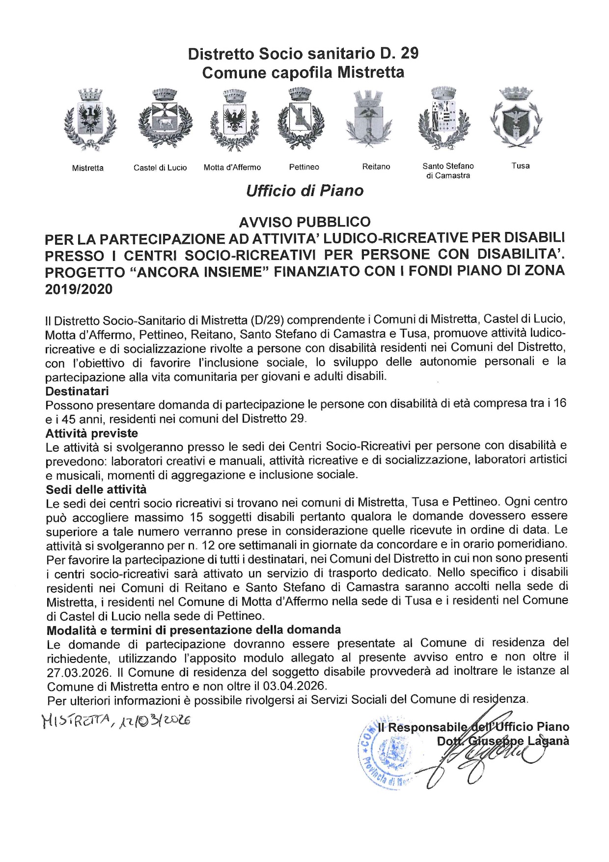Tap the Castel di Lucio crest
[x=165, y=118]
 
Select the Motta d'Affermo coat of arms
[x=234, y=119]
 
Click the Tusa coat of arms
[x=516, y=118]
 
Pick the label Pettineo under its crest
[x=304, y=167]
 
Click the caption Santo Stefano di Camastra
[x=448, y=171]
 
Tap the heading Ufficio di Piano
[x=304, y=191]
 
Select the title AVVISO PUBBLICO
[x=304, y=222]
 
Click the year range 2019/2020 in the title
[x=79, y=289]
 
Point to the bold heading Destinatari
[x=77, y=391]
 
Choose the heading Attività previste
[x=92, y=433]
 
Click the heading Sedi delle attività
[x=96, y=489]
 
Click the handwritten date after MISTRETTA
[x=155, y=720]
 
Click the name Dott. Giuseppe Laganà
[x=503, y=741]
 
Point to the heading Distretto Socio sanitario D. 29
[x=303, y=53]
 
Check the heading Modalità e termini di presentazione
[x=194, y=630]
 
